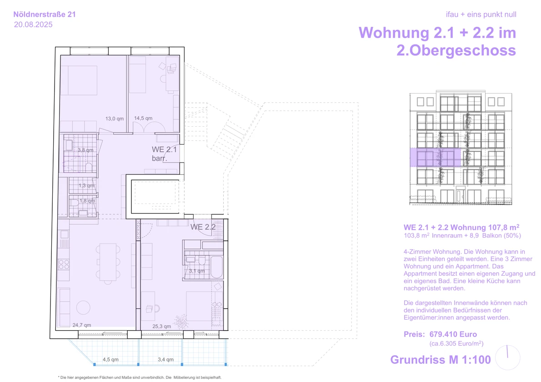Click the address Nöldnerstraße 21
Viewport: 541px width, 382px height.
pyautogui.click(x=45, y=15)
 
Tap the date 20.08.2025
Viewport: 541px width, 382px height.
pyautogui.click(x=33, y=25)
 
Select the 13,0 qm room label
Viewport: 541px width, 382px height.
pyautogui.click(x=115, y=119)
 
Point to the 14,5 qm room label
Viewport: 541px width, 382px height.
pyautogui.click(x=143, y=118)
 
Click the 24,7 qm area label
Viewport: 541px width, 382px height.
pyautogui.click(x=82, y=325)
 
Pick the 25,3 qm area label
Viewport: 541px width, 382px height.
pyautogui.click(x=161, y=326)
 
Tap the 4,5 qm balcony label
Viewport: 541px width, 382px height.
pyautogui.click(x=110, y=359)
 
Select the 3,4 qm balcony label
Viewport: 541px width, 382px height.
pyautogui.click(x=165, y=359)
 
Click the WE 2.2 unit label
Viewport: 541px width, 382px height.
pyautogui.click(x=203, y=227)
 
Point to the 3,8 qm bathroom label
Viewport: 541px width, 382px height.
pyautogui.click(x=85, y=150)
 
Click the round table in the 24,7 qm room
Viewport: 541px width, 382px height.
pyautogui.click(x=83, y=307)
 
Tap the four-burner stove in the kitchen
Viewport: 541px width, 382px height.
pyautogui.click(x=64, y=264)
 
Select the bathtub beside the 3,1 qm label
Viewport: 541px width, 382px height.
pyautogui.click(x=216, y=267)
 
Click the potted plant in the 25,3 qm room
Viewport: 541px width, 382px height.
pyautogui.click(x=180, y=322)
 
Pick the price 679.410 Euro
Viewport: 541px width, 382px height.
pyautogui.click(x=453, y=334)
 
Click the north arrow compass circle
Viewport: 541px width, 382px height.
pyautogui.click(x=507, y=357)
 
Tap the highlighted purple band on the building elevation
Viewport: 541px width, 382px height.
pyautogui.click(x=435, y=158)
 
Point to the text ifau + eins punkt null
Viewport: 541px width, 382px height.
pyautogui.click(x=481, y=15)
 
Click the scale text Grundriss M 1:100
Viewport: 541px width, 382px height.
pyautogui.click(x=440, y=360)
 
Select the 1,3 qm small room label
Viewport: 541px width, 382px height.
pyautogui.click(x=86, y=185)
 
